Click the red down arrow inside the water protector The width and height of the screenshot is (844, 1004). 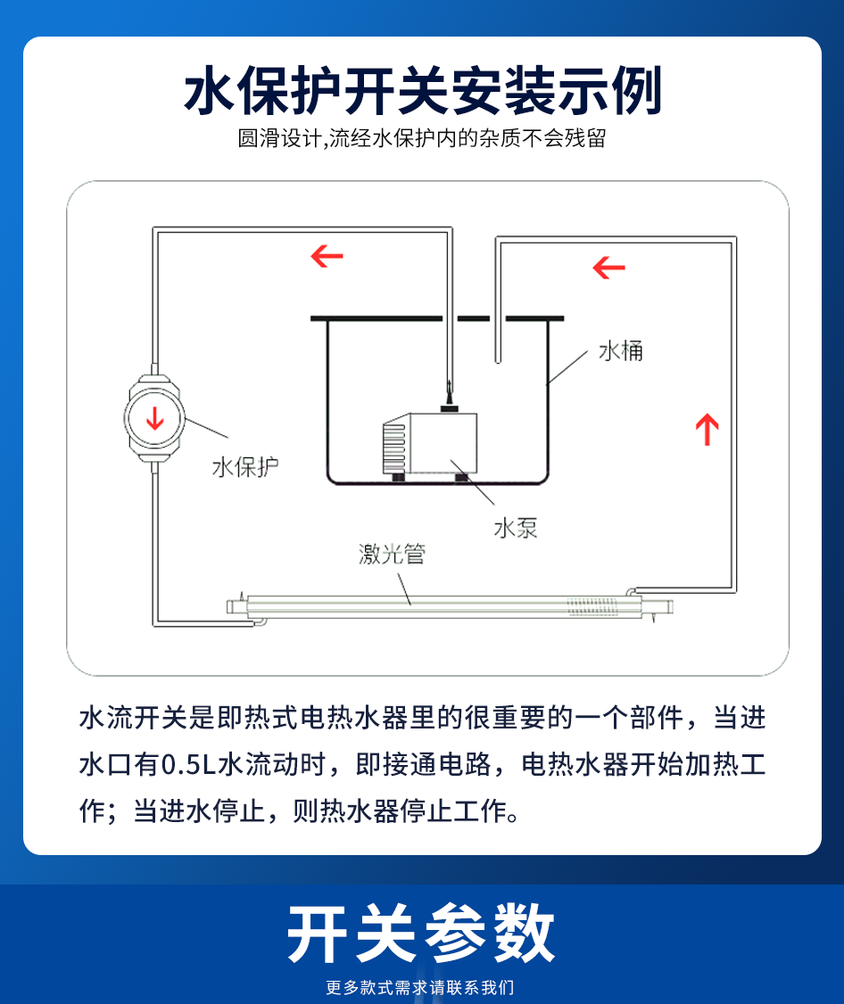click(x=154, y=418)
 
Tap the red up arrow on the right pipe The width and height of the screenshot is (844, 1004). click(x=707, y=429)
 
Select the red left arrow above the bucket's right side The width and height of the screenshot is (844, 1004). click(x=608, y=267)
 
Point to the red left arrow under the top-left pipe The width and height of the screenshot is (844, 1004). click(x=327, y=256)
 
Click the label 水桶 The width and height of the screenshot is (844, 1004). click(x=620, y=351)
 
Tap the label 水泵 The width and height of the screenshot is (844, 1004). click(x=516, y=528)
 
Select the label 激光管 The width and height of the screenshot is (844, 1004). click(x=392, y=554)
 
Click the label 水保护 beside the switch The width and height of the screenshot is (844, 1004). click(x=245, y=467)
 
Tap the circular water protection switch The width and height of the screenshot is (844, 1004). click(x=154, y=419)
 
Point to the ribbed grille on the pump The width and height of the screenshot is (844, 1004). click(x=394, y=447)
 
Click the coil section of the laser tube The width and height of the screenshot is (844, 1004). click(x=592, y=605)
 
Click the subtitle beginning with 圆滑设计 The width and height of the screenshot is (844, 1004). click(x=422, y=138)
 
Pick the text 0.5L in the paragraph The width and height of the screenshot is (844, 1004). click(x=189, y=764)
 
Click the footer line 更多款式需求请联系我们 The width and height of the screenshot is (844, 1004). click(x=419, y=987)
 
